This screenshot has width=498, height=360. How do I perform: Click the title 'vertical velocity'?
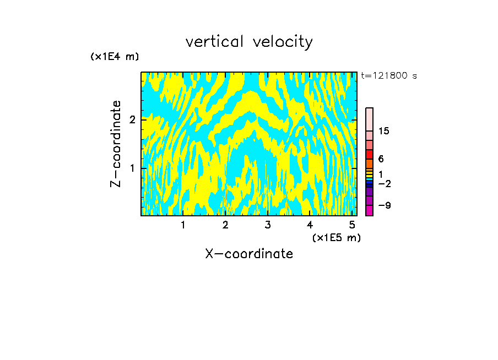(x=249, y=42)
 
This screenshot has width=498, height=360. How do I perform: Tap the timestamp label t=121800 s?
(x=388, y=75)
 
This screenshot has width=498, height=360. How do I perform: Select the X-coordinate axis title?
(x=249, y=254)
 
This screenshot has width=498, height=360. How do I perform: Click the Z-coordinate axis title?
(x=116, y=144)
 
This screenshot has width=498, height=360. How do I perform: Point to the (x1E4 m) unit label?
(x=115, y=57)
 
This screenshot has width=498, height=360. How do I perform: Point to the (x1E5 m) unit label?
(x=336, y=237)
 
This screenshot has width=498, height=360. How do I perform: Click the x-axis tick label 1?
(x=183, y=225)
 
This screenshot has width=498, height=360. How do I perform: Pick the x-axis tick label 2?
(x=225, y=225)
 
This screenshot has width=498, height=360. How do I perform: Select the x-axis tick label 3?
(x=268, y=225)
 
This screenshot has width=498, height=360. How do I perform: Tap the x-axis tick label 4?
(x=310, y=225)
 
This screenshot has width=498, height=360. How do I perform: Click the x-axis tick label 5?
(x=352, y=225)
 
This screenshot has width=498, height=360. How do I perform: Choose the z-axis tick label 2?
(x=132, y=119)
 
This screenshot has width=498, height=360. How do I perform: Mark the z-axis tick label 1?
(x=132, y=168)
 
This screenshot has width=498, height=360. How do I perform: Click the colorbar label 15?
(x=383, y=131)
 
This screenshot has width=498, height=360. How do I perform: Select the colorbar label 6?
(x=381, y=159)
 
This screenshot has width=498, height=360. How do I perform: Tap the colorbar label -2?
(x=384, y=183)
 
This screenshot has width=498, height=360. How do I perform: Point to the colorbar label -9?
(x=384, y=205)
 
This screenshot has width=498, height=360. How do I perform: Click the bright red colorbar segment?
(x=369, y=154)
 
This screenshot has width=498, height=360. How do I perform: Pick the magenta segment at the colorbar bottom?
(x=369, y=210)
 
